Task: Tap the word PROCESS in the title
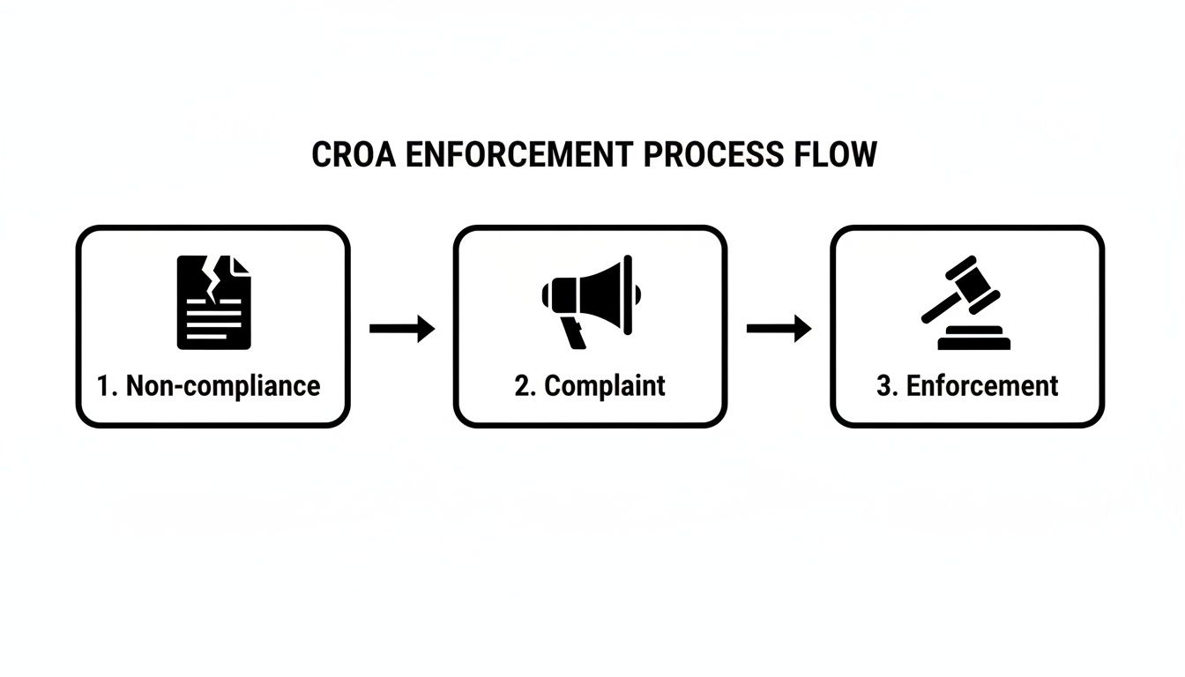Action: click(712, 155)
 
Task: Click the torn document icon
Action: click(214, 301)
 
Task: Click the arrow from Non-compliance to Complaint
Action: click(401, 329)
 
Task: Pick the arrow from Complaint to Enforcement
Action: click(779, 329)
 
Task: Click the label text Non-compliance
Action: click(223, 386)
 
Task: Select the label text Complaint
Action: click(605, 386)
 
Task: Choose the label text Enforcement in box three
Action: click(982, 386)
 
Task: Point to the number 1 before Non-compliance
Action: click(104, 386)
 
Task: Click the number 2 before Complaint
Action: click(522, 386)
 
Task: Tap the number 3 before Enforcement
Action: click(884, 386)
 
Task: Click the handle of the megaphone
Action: click(574, 332)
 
